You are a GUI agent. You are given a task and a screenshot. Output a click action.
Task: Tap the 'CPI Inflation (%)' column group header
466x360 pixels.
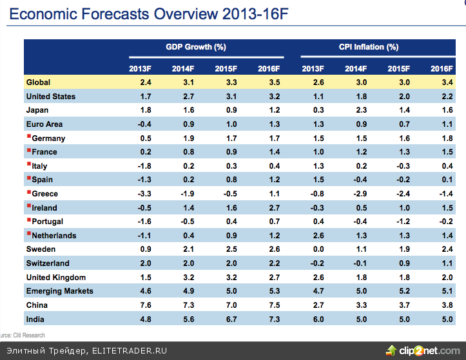click(x=368, y=48)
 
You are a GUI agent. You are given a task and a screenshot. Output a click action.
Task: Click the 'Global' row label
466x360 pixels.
click(x=38, y=82)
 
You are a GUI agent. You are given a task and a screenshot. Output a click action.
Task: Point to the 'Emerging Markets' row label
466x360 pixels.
click(x=59, y=291)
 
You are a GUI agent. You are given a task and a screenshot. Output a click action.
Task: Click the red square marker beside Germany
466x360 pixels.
click(x=28, y=137)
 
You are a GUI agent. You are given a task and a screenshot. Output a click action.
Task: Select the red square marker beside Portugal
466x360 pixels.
click(x=28, y=220)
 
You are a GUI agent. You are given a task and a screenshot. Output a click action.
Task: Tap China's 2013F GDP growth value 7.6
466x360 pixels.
click(x=145, y=305)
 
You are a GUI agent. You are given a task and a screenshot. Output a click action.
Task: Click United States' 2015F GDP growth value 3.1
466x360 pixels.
click(x=230, y=97)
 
